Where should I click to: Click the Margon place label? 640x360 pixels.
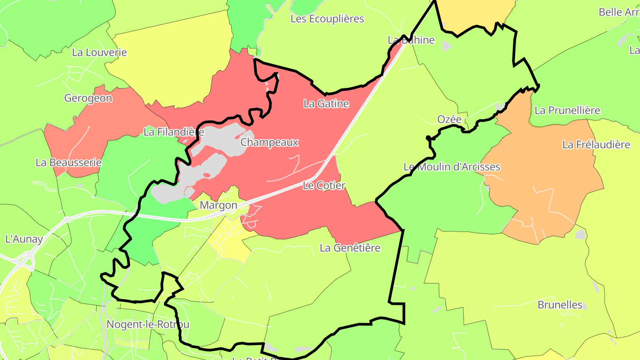218,205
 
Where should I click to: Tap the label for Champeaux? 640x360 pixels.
269,143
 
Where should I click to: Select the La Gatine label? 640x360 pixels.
326,104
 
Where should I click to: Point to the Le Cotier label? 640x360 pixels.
324,186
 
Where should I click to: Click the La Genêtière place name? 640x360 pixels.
350,248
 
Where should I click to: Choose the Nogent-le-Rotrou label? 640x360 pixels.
148,324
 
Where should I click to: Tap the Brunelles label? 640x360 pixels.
560,305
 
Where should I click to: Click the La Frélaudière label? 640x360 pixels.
596,145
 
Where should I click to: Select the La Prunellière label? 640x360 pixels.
568,111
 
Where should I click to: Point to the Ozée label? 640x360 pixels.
449,120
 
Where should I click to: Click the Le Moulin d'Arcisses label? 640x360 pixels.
452,167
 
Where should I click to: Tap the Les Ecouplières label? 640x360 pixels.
327,19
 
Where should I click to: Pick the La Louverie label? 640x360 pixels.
100,52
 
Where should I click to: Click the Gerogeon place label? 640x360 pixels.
88,98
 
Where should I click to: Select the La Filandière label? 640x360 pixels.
174,132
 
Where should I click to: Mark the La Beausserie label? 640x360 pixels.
69,163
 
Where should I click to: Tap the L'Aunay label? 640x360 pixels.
24,239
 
